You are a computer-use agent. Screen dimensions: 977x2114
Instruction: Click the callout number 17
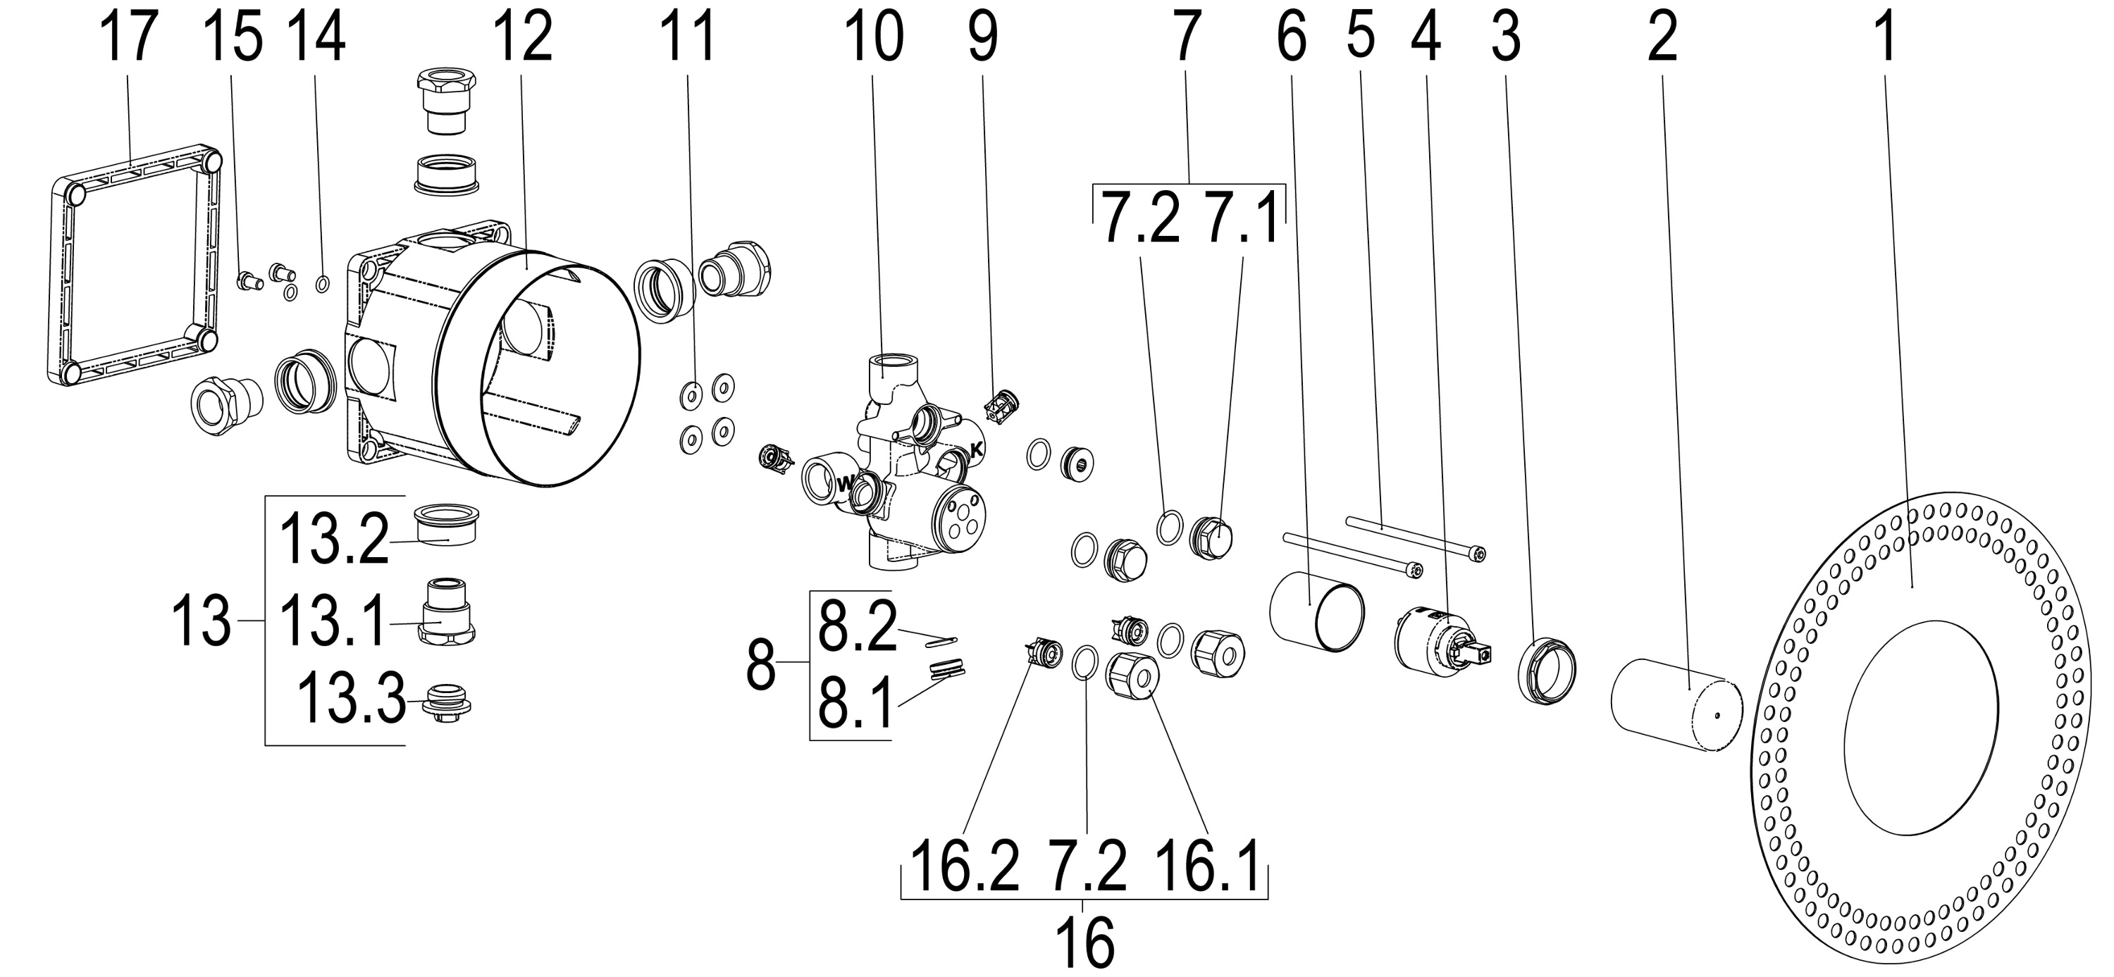click(129, 39)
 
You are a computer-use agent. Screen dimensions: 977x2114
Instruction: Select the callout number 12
click(522, 39)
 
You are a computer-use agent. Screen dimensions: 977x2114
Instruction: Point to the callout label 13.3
click(350, 699)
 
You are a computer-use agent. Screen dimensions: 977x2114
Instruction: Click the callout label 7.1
click(1241, 218)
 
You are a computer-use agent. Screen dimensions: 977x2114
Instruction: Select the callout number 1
click(1886, 39)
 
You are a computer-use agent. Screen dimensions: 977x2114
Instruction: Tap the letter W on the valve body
click(843, 485)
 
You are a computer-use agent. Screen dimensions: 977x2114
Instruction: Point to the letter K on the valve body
click(976, 449)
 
